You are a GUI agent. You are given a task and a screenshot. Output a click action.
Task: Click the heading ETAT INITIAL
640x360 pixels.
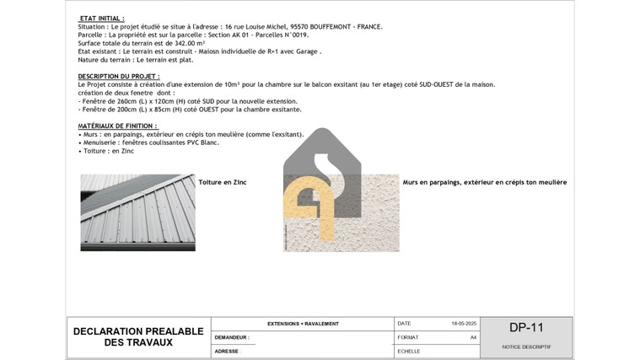[101, 18]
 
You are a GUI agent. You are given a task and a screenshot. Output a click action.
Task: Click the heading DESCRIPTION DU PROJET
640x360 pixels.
[119, 76]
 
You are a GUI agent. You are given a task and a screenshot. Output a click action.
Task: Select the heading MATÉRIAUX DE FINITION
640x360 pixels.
[118, 126]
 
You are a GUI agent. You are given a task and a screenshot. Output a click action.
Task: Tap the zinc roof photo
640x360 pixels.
[137, 212]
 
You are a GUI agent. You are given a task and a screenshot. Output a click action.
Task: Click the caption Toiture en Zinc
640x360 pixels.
[223, 182]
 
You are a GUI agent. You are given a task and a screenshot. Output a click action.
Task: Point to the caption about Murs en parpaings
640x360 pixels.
[485, 182]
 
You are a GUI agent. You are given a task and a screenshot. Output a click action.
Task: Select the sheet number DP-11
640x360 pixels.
[526, 328]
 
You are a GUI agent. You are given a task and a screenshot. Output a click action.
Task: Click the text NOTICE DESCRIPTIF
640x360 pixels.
[526, 347]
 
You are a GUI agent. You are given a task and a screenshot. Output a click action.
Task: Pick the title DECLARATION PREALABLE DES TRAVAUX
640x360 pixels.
[138, 337]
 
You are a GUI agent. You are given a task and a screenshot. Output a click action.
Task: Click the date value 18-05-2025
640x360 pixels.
[464, 324]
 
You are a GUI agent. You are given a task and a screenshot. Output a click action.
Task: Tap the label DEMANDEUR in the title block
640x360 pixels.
[232, 337]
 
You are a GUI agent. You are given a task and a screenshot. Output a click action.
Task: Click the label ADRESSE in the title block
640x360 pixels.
[227, 351]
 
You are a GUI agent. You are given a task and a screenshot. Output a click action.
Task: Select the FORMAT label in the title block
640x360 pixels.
[408, 337]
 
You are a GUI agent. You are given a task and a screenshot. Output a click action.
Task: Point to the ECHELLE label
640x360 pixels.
[409, 351]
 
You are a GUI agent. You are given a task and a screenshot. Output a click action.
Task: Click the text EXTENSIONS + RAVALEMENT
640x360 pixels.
[303, 324]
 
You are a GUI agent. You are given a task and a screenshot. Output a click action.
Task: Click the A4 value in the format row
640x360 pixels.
[473, 337]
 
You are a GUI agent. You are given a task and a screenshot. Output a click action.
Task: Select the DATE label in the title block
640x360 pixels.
[405, 324]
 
